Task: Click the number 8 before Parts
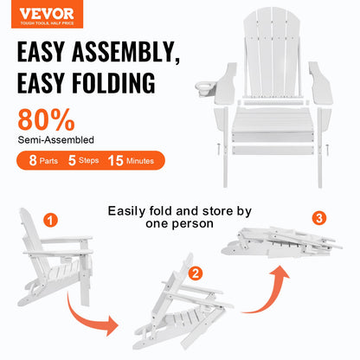point(31,160)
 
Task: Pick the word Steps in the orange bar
point(89,161)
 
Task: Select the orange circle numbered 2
point(195,274)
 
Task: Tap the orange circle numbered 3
point(319,217)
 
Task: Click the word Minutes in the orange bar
point(138,161)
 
